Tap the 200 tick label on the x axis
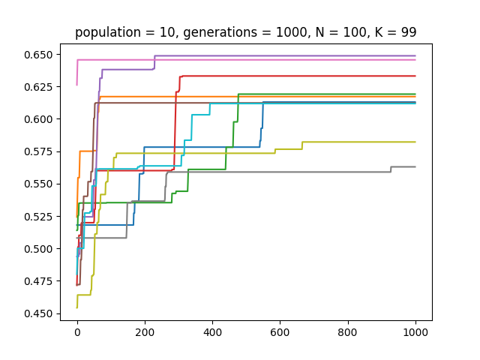pyautogui.click(x=145, y=332)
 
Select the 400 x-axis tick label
pyautogui.click(x=212, y=332)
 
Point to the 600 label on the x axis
pyautogui.click(x=280, y=332)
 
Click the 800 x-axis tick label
pyautogui.click(x=348, y=332)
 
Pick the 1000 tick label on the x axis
pyautogui.click(x=415, y=332)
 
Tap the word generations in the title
pyautogui.click(x=199, y=32)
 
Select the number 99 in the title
pyautogui.click(x=409, y=32)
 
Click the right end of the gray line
pyautogui.click(x=415, y=166)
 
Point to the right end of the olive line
pyautogui.click(x=415, y=142)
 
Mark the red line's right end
pyautogui.click(x=415, y=76)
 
